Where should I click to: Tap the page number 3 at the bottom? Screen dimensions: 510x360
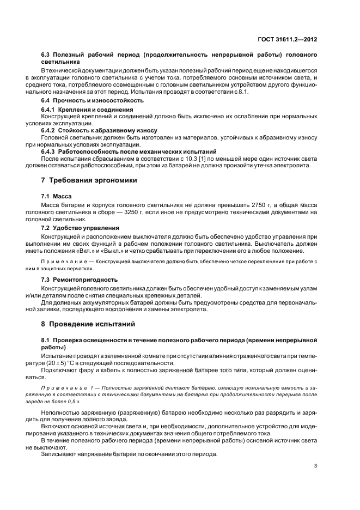(315, 466)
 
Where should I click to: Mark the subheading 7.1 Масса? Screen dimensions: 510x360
(57, 195)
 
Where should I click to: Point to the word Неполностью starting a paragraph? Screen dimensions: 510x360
(63, 413)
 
